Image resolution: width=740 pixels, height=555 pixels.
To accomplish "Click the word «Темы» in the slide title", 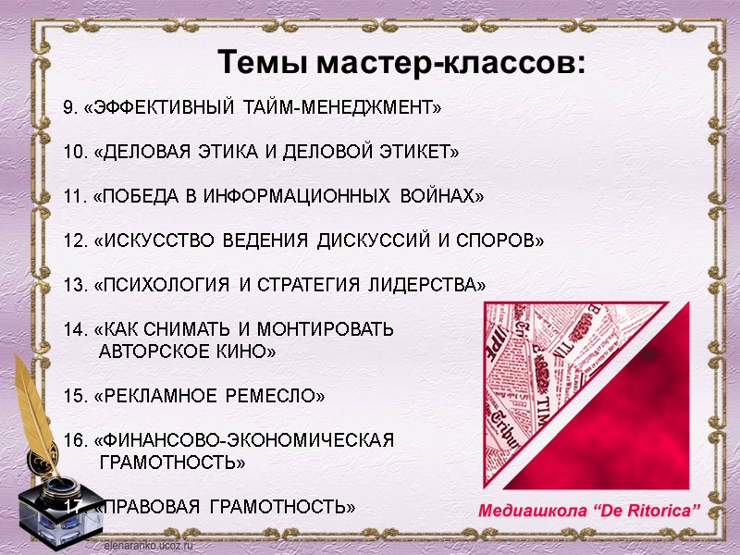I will coord(263,63).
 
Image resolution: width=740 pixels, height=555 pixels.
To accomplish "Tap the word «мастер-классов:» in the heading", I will coord(450,63).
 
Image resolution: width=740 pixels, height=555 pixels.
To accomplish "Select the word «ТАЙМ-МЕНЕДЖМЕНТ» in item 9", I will coord(342,108).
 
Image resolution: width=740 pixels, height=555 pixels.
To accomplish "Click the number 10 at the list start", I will coord(74,152).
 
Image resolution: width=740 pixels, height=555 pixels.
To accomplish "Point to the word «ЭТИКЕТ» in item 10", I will coord(418,152).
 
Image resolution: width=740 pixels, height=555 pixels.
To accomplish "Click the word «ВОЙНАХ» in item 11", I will coord(443,197).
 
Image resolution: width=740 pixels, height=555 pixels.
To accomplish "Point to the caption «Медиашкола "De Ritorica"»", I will coord(590,511).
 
